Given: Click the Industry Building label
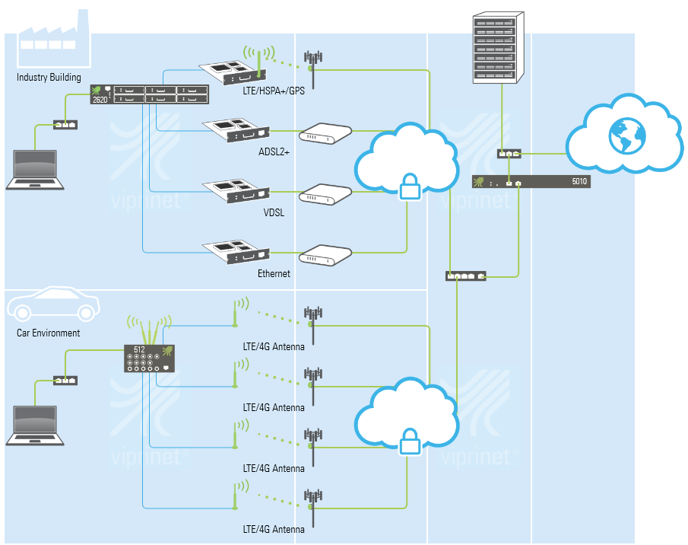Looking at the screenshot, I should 49,78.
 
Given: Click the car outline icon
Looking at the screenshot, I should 53,304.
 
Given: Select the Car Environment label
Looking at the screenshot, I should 49,333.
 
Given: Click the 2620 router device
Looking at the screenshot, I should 149,94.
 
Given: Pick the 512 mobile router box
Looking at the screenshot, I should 150,359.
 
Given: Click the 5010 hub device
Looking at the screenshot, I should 531,182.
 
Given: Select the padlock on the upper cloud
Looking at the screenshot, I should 410,186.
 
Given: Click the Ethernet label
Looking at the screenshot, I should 274,273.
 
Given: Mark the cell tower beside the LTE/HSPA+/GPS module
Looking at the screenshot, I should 312,61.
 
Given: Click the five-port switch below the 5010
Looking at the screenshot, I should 466,276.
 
